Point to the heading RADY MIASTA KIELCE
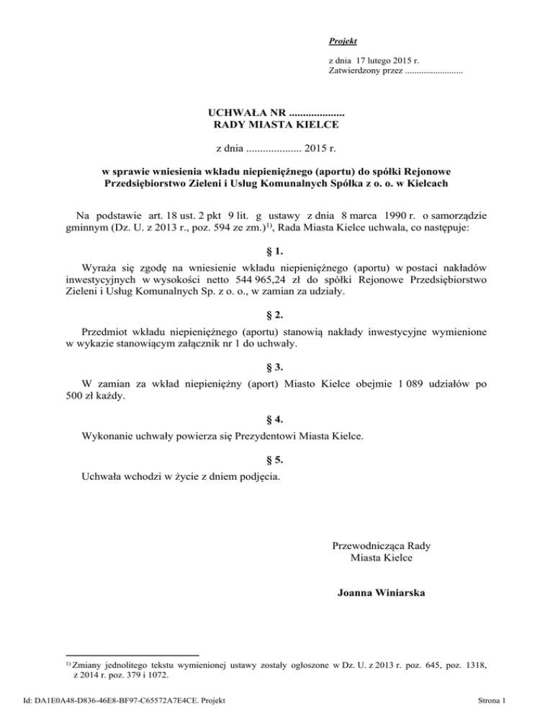coord(277,125)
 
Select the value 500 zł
coord(80,398)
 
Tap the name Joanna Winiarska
coord(381,594)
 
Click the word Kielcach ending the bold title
coord(427,184)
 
